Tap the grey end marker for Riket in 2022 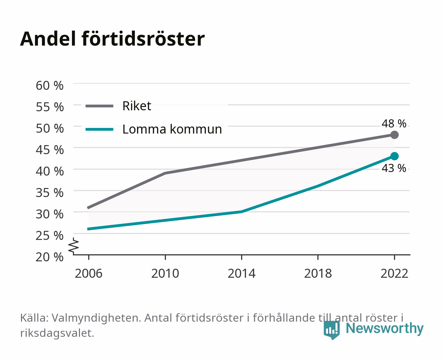[394, 135]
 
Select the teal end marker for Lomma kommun [394, 156]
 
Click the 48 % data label [394, 123]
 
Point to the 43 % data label [394, 168]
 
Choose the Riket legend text [137, 106]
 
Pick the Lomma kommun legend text [172, 129]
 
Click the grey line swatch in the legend [100, 106]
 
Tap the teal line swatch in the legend [100, 129]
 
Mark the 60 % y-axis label [50, 86]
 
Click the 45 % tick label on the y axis [50, 150]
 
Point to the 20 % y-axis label [50, 257]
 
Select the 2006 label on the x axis [89, 273]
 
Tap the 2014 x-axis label [241, 273]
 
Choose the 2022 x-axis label [394, 273]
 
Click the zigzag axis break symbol [74, 246]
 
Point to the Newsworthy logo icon [331, 330]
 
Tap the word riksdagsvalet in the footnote [57, 333]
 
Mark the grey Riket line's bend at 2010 [165, 173]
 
